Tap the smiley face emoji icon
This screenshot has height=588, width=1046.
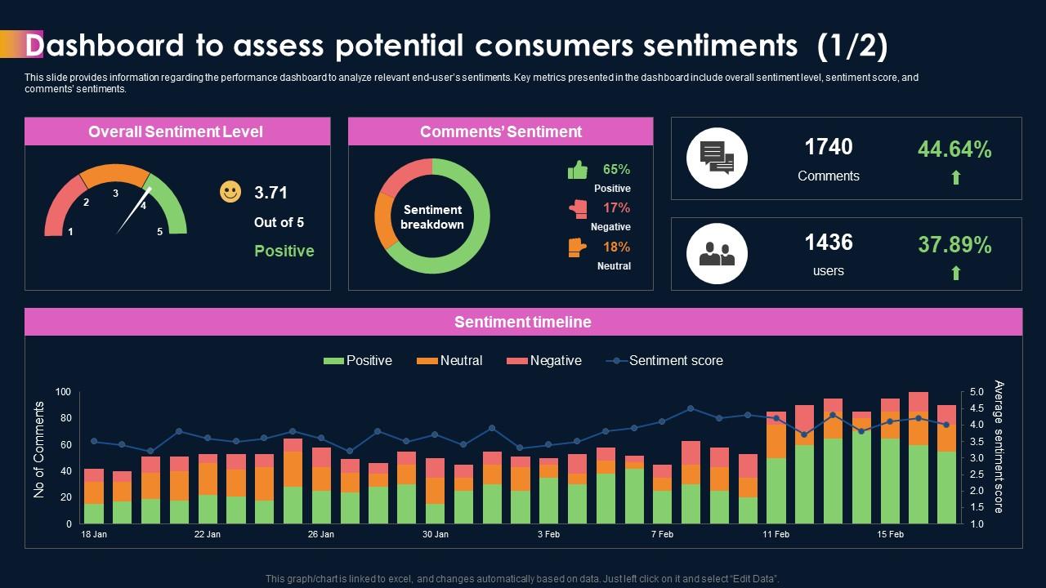click(x=230, y=192)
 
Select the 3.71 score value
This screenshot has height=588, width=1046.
click(x=270, y=193)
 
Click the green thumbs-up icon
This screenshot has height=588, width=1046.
click(x=578, y=170)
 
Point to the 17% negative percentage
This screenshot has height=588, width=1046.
click(x=616, y=207)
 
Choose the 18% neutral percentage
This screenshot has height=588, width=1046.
click(x=616, y=247)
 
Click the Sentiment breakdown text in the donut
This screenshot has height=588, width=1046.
click(x=432, y=217)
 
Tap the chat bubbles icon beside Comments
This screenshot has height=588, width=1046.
click(x=717, y=158)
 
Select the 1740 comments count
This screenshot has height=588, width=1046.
click(x=828, y=147)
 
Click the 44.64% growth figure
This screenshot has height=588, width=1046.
click(x=954, y=149)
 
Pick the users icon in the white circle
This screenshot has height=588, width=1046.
click(x=717, y=254)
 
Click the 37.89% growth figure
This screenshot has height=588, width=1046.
click(x=954, y=245)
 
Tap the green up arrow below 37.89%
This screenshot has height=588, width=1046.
click(x=955, y=273)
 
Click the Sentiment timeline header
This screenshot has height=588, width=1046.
click(x=523, y=322)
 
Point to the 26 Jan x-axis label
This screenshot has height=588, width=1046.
click(x=321, y=535)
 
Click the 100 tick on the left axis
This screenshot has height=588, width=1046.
click(x=63, y=392)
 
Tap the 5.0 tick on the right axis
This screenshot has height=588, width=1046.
click(x=977, y=392)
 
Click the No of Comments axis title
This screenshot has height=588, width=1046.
click(x=39, y=449)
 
